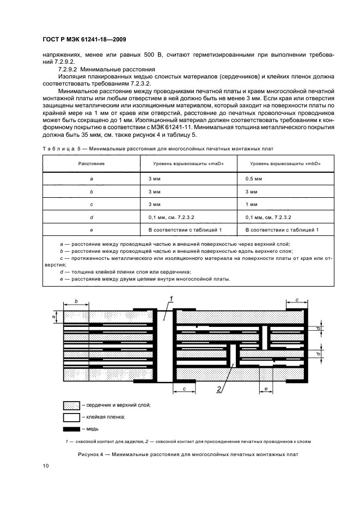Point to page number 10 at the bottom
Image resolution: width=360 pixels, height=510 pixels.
click(x=46, y=466)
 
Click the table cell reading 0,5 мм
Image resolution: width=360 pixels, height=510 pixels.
click(x=254, y=178)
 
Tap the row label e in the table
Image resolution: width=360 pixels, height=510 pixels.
click(x=91, y=230)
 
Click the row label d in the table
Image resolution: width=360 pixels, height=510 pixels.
click(x=91, y=217)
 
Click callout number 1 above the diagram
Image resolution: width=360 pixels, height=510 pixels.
click(x=170, y=297)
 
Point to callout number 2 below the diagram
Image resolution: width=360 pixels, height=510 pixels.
click(x=218, y=388)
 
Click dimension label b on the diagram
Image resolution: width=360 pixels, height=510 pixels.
click(x=76, y=300)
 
